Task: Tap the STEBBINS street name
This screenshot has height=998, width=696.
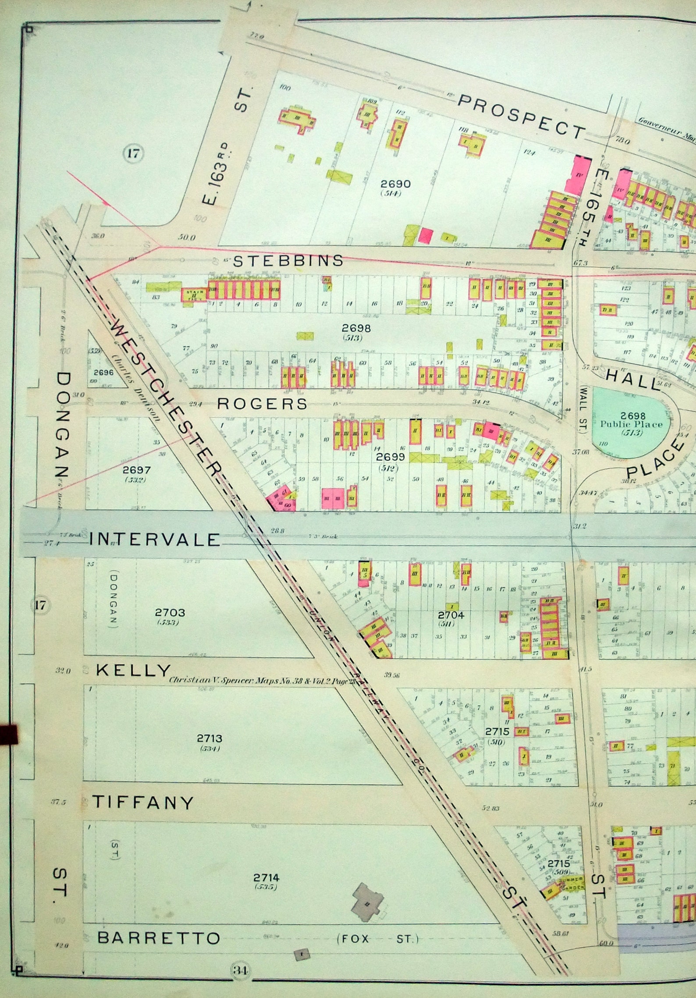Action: [x=288, y=261]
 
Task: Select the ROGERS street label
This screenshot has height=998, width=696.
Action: [x=262, y=404]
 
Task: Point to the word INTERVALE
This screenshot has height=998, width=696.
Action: [x=154, y=540]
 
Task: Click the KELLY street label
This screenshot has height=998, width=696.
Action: [x=133, y=670]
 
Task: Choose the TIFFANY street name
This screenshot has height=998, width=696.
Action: [x=142, y=803]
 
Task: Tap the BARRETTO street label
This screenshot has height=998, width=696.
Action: [x=158, y=938]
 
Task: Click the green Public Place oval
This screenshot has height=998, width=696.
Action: [x=631, y=424]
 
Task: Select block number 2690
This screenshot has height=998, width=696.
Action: [x=395, y=184]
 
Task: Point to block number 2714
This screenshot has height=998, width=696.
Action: [x=266, y=877]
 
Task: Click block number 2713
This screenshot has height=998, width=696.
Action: [x=210, y=739]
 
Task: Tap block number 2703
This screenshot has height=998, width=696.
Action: [x=170, y=612]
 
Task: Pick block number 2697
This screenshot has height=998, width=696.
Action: [x=136, y=470]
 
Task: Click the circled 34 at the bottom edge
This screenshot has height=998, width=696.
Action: [x=240, y=970]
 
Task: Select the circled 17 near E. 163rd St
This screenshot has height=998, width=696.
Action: [x=133, y=153]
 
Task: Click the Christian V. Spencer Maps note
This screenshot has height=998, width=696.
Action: [x=262, y=681]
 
